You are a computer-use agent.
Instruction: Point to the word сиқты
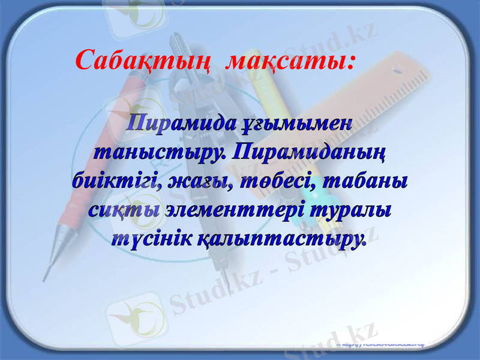[124, 210]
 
